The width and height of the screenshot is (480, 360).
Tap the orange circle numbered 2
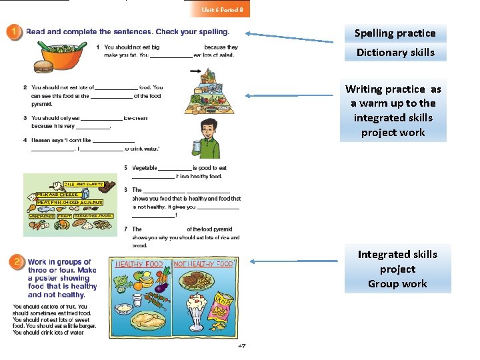point(15,263)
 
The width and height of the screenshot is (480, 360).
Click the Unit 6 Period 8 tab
point(220,9)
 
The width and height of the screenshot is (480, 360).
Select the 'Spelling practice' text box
point(395,33)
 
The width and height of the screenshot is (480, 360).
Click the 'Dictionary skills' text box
point(395,53)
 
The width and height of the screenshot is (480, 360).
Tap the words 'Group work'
point(397,284)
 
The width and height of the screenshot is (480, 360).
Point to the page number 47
point(242,347)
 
